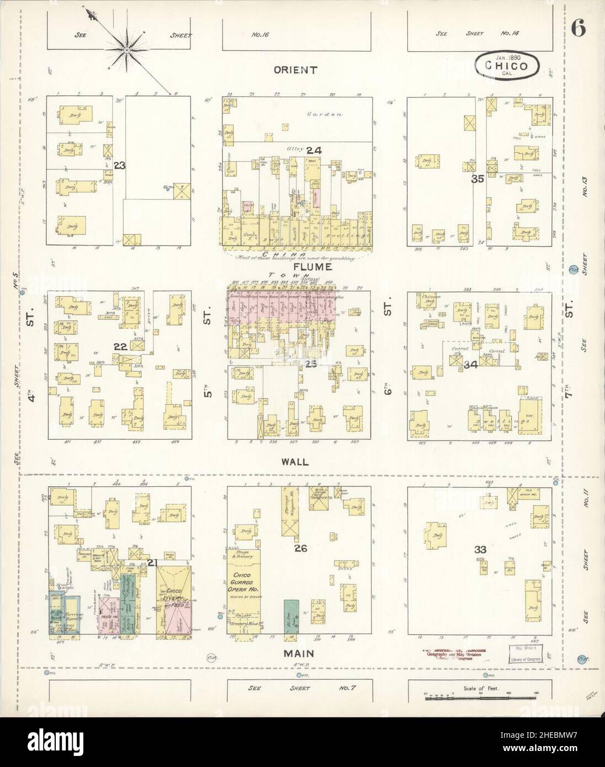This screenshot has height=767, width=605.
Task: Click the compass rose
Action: pyautogui.click(x=126, y=51)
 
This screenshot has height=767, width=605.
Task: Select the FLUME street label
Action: pyautogui.click(x=300, y=267)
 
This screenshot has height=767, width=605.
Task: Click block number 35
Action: pyautogui.click(x=478, y=179)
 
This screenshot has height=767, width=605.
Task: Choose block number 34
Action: pyautogui.click(x=470, y=364)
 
